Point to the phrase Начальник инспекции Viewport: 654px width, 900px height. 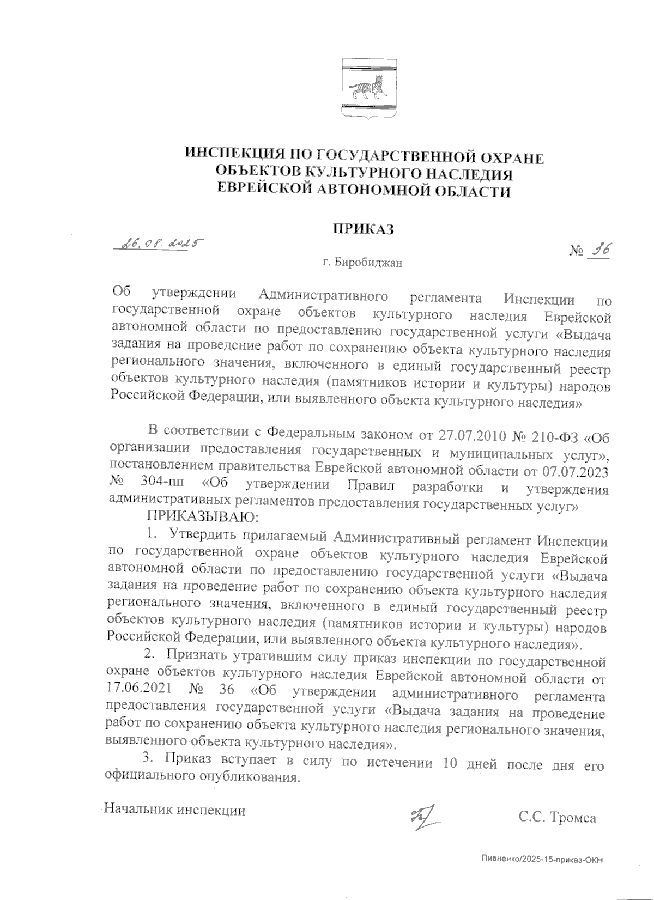click(175, 810)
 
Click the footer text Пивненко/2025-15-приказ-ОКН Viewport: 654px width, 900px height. click(543, 859)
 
